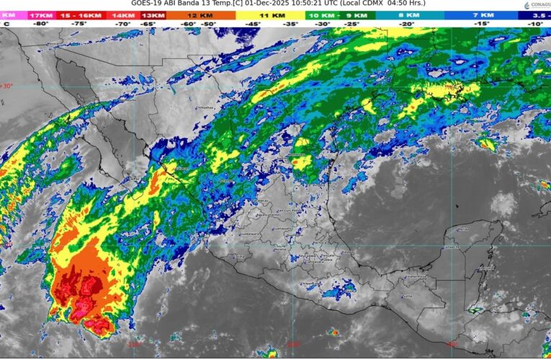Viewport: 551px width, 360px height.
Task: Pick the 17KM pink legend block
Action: pos(40,14)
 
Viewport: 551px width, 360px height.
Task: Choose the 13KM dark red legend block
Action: pos(152,14)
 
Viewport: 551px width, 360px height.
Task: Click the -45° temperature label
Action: pos(254,24)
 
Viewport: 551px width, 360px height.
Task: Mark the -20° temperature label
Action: pos(408,24)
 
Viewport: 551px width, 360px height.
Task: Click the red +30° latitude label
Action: pos(6,86)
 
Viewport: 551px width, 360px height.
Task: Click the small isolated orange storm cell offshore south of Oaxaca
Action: pos(333,332)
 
